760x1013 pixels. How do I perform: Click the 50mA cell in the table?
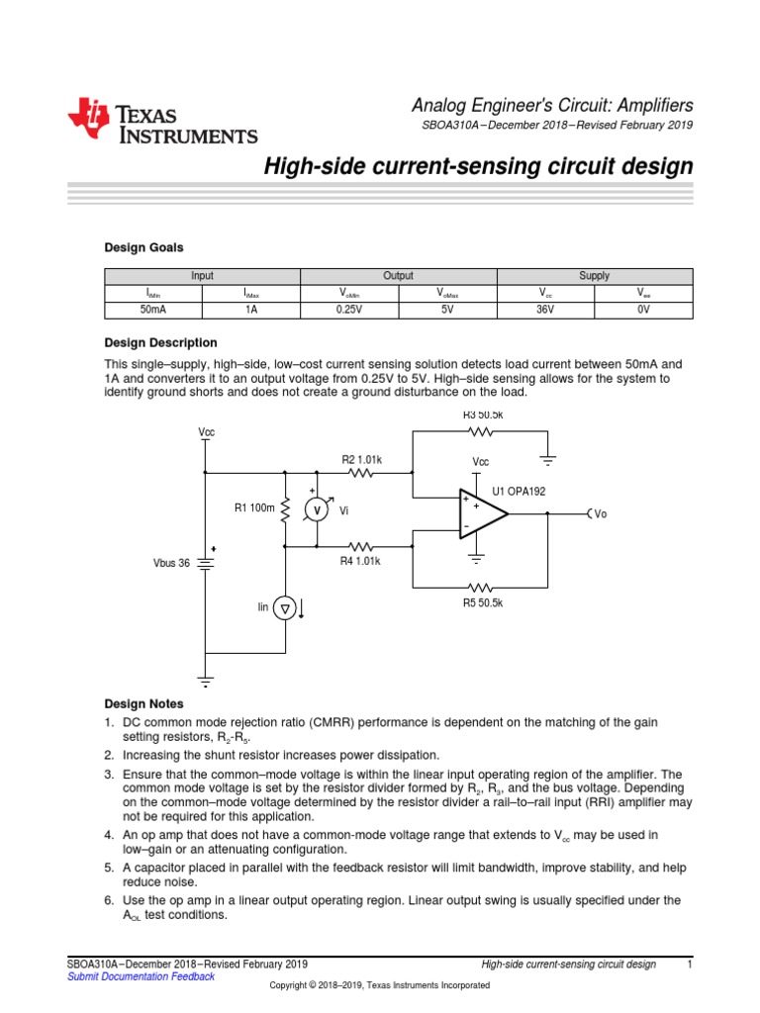(153, 310)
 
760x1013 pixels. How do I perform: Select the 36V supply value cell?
(545, 310)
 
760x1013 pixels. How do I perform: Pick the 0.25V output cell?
(349, 310)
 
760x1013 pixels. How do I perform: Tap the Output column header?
(398, 276)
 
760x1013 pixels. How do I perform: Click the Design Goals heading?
(143, 247)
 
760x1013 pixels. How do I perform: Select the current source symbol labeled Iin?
(285, 608)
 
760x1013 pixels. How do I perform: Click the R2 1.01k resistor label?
(361, 459)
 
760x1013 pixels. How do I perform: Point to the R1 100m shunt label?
(253, 508)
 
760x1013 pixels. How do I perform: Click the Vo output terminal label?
(600, 514)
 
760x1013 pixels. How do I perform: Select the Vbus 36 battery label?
(169, 562)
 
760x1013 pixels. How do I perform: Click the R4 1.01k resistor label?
(361, 560)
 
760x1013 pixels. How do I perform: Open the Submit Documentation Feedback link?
(140, 976)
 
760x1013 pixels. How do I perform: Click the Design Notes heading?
(143, 703)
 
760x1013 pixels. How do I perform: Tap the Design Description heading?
(160, 342)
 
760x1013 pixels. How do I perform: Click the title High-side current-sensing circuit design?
(477, 167)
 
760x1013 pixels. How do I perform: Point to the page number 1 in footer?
(689, 964)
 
